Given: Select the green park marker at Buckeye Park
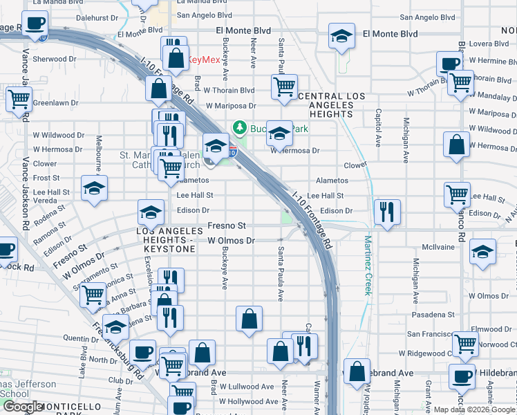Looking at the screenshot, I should pos(240,127).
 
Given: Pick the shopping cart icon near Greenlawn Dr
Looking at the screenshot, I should pos(18,99).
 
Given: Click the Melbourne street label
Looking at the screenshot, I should pos(99,152).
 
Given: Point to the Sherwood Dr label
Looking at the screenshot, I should pos(49,59).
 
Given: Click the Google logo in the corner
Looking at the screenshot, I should pos(22,407).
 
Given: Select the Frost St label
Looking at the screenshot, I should pos(46,178).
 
